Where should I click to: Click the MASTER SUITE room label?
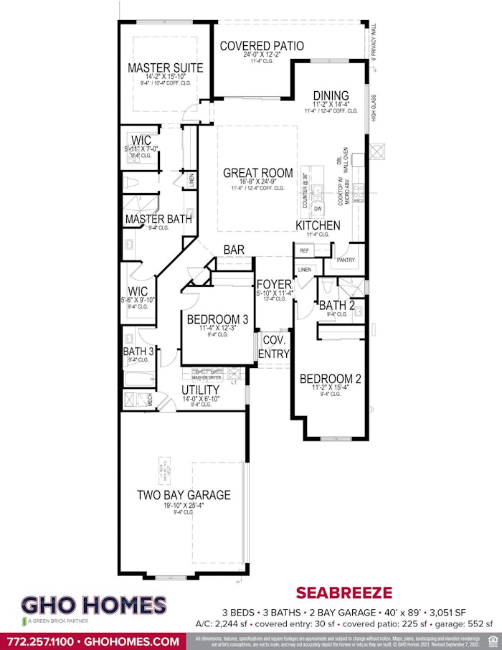pyautogui.click(x=165, y=68)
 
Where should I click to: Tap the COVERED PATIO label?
pyautogui.click(x=262, y=46)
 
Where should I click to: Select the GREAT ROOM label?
pyautogui.click(x=257, y=173)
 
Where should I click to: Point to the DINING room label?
pyautogui.click(x=331, y=95)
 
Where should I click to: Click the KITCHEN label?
pyautogui.click(x=318, y=226)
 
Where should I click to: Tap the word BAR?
pyautogui.click(x=234, y=250)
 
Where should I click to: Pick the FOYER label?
pyautogui.click(x=274, y=284)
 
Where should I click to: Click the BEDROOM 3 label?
pyautogui.click(x=218, y=319)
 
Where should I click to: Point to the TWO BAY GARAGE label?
pyautogui.click(x=184, y=495)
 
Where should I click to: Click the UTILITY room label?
pyautogui.click(x=200, y=390)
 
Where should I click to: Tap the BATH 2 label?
pyautogui.click(x=337, y=306)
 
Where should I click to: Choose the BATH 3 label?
pyautogui.click(x=138, y=352)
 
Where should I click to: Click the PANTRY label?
pyautogui.click(x=346, y=260)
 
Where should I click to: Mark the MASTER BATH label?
pyautogui.click(x=158, y=219)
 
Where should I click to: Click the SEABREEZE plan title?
pyautogui.click(x=344, y=593)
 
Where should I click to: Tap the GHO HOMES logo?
pyautogui.click(x=94, y=606)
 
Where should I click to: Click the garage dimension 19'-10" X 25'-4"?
pyautogui.click(x=184, y=506)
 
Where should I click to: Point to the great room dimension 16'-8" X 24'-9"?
pyautogui.click(x=257, y=182)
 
